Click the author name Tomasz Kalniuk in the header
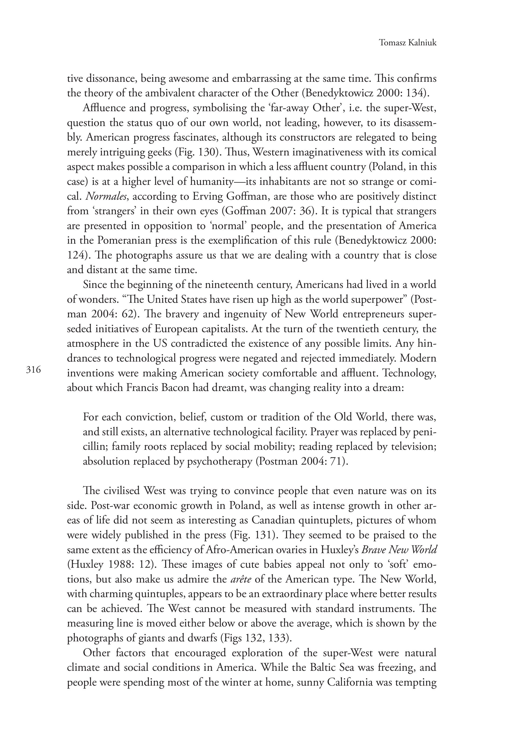(x=408, y=43)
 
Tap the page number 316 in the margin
(x=33, y=370)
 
